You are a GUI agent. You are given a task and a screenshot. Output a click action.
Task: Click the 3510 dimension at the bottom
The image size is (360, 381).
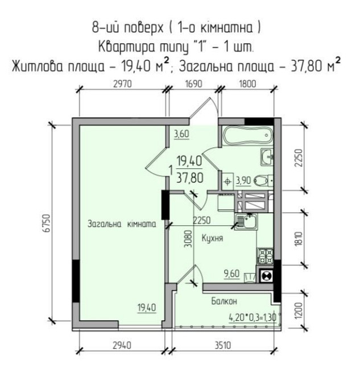222,343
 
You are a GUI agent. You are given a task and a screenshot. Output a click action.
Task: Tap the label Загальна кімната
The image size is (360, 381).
122,225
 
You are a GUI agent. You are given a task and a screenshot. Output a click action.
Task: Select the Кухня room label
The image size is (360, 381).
212,239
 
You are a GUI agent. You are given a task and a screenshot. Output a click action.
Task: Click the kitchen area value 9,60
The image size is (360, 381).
231,274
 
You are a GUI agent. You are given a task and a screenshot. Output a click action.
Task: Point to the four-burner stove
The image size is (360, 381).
264,256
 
